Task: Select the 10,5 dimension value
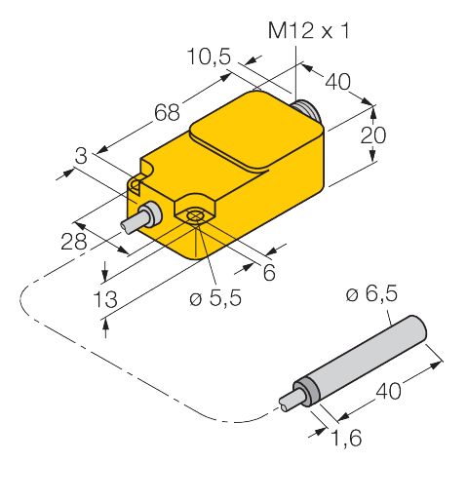click(209, 59)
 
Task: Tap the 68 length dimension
click(167, 113)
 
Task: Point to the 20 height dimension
click(368, 138)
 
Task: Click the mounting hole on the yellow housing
click(195, 217)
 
